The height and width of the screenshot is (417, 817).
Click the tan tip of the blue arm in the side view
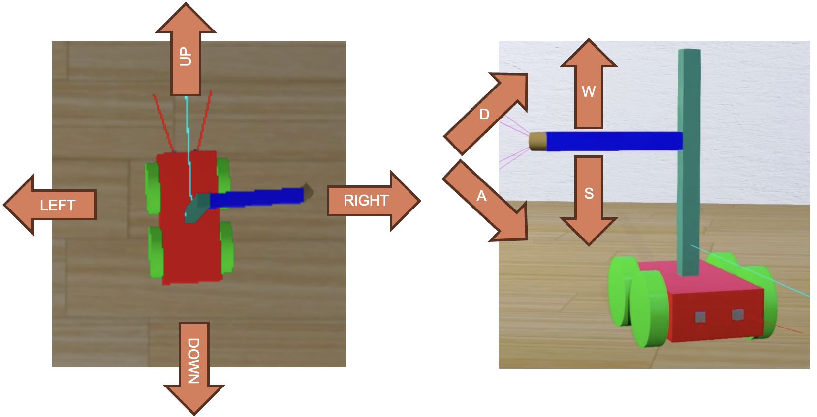(x=537, y=141)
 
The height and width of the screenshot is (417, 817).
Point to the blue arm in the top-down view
(x=256, y=198)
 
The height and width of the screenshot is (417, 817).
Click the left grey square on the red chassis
(x=700, y=317)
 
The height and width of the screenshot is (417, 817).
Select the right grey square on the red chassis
(x=737, y=314)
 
